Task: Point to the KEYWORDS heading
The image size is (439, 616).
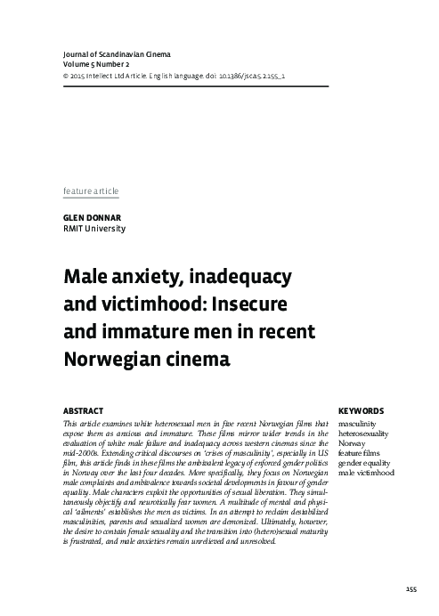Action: (x=362, y=410)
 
